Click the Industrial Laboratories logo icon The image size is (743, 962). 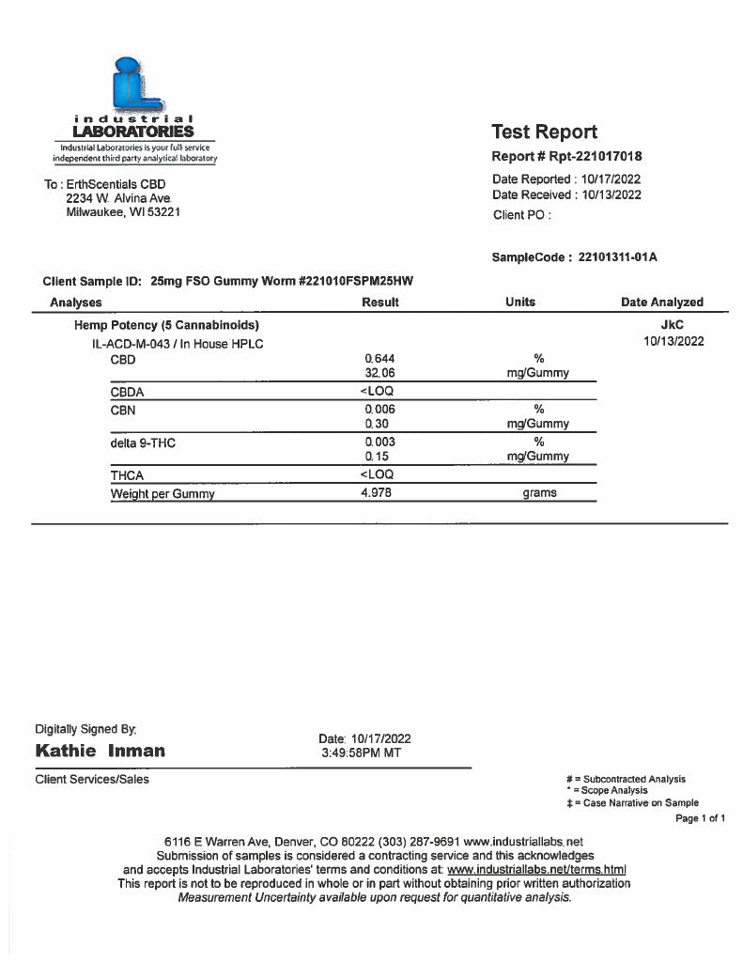tap(132, 85)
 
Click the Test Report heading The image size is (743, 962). tap(544, 132)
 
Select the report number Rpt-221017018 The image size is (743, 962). tap(592, 157)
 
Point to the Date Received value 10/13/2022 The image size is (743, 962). tap(611, 195)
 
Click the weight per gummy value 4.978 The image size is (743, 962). tap(377, 493)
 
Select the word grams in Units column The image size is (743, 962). tap(539, 493)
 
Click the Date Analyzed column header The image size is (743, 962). tap(661, 303)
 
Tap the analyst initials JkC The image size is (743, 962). tap(673, 325)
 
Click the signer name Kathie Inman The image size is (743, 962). tap(100, 751)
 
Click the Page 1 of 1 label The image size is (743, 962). tap(700, 819)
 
